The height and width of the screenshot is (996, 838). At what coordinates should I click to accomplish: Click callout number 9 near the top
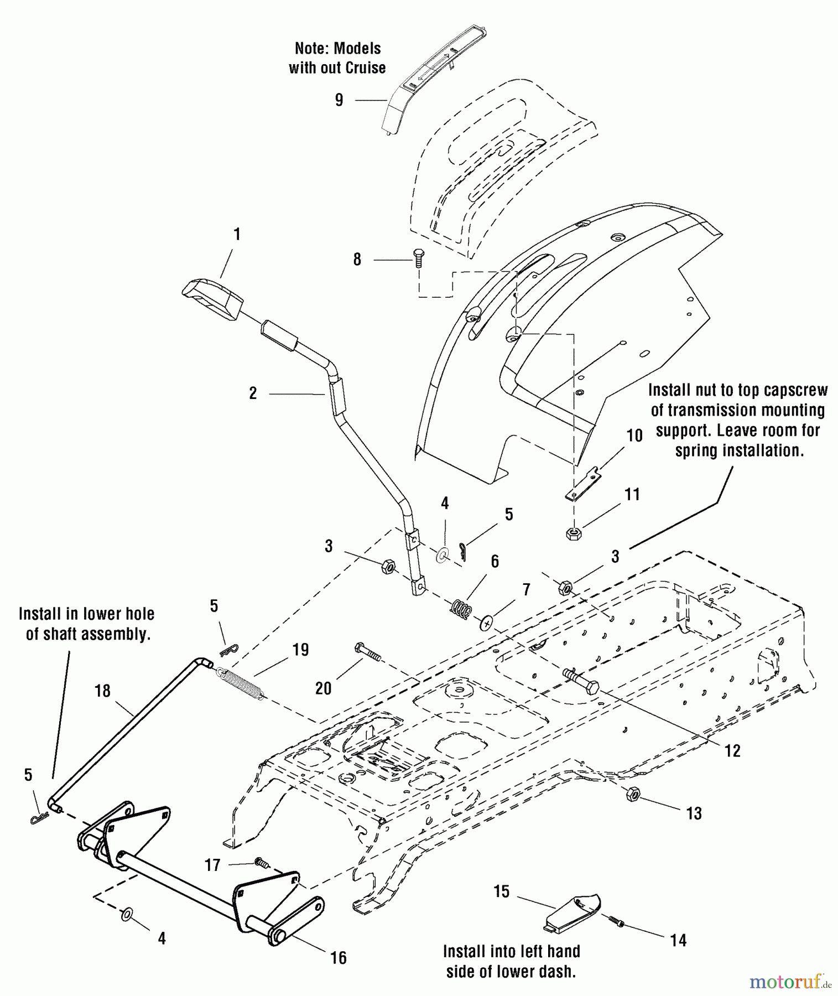pos(339,100)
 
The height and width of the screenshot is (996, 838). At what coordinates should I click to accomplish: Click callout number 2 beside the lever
pos(253,393)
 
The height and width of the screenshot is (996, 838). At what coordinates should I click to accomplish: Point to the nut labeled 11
pos(573,534)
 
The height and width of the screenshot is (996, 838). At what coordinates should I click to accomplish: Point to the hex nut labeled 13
pos(633,795)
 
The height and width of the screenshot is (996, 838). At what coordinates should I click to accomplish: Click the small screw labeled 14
pos(616,920)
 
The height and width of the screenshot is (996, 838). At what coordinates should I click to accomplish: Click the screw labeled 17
pos(261,862)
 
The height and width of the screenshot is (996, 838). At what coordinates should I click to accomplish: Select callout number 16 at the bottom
pos(338,958)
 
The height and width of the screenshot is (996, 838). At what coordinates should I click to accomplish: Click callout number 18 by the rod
pos(103,691)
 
